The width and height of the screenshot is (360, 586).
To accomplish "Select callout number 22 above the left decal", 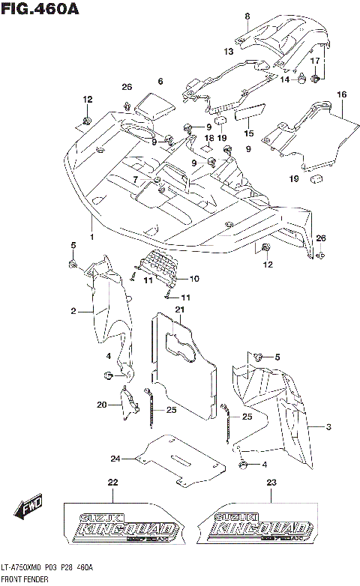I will pyautogui.click(x=112, y=482).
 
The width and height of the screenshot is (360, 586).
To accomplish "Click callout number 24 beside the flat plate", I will pyautogui.click(x=115, y=459).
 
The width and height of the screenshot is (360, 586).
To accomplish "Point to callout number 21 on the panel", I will pyautogui.click(x=180, y=309).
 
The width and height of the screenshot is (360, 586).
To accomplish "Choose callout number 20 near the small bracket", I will pyautogui.click(x=102, y=405).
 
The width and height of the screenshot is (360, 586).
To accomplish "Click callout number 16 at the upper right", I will pyautogui.click(x=341, y=94).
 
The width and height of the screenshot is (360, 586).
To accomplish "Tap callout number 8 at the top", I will pyautogui.click(x=247, y=16).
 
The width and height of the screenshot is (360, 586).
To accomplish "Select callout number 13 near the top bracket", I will pyautogui.click(x=229, y=52).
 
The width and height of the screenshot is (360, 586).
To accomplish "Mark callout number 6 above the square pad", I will pyautogui.click(x=160, y=81).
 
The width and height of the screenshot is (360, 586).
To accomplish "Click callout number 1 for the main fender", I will pyautogui.click(x=91, y=237).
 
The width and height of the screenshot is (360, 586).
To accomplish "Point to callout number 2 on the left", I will pyautogui.click(x=74, y=310).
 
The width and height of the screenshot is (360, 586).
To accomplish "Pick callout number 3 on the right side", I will pyautogui.click(x=328, y=427).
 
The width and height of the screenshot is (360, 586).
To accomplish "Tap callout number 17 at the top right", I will pyautogui.click(x=316, y=60).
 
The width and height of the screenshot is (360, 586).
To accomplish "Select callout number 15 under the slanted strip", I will pyautogui.click(x=248, y=133).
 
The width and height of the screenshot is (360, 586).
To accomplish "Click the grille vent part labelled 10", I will pyautogui.click(x=159, y=266).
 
